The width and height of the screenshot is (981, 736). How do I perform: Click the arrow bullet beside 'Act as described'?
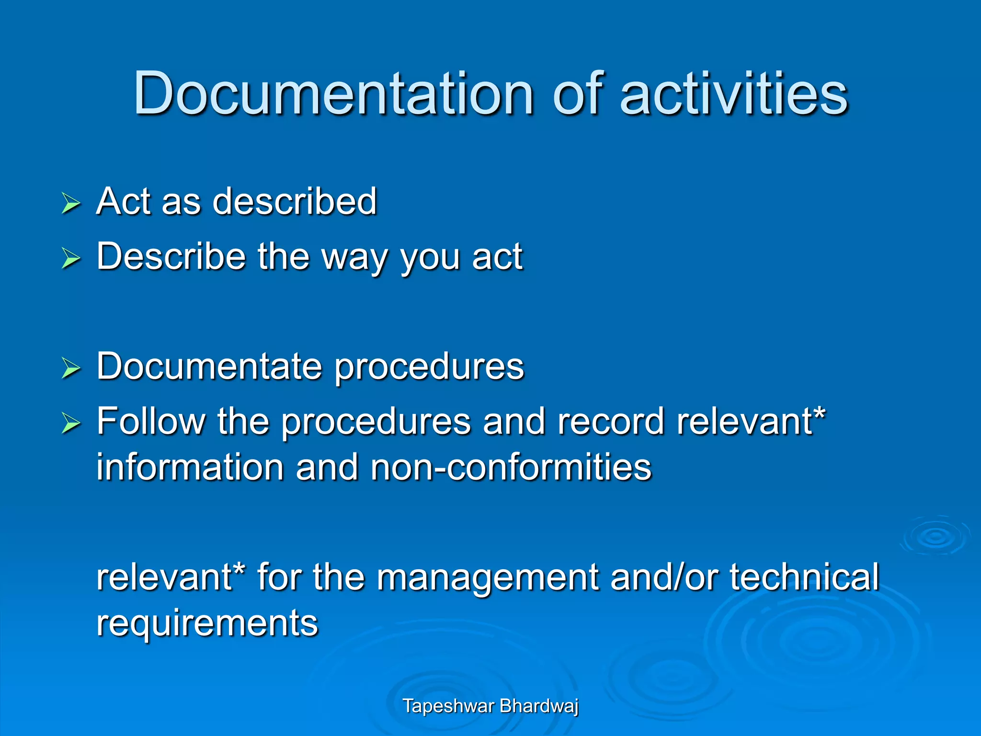(x=71, y=203)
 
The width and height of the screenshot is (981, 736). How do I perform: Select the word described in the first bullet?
(x=295, y=201)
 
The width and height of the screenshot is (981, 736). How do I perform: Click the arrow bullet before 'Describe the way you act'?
(x=71, y=259)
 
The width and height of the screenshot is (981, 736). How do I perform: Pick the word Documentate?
(x=209, y=367)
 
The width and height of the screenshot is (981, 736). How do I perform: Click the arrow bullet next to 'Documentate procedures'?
(x=71, y=368)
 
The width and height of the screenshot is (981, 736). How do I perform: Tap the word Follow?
(x=151, y=421)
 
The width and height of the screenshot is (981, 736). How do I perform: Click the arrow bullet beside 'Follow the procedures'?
(x=71, y=424)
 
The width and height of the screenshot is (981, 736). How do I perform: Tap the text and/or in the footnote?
(x=664, y=577)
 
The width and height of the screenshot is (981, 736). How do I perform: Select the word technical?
(x=804, y=577)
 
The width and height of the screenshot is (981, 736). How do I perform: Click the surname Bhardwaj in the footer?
(x=539, y=706)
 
